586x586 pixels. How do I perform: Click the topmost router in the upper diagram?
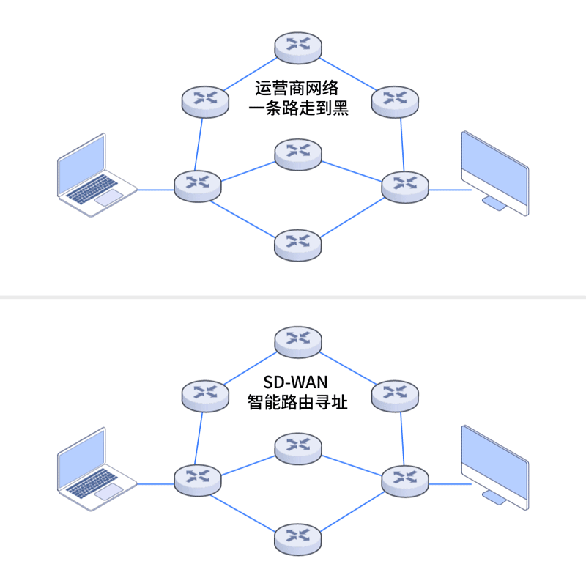click(298, 46)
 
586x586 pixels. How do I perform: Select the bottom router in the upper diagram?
click(298, 244)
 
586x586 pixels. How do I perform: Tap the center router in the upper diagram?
click(298, 154)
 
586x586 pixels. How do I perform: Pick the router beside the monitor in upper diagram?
click(405, 186)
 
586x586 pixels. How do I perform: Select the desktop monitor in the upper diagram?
click(494, 173)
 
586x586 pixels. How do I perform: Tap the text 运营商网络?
click(297, 89)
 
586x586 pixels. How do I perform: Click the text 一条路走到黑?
click(298, 110)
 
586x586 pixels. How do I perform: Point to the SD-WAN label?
click(297, 382)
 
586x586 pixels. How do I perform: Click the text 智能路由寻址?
click(297, 402)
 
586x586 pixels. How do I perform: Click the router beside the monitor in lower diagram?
click(405, 480)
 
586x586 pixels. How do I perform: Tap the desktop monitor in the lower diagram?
click(494, 466)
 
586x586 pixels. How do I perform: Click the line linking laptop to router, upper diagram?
click(155, 190)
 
